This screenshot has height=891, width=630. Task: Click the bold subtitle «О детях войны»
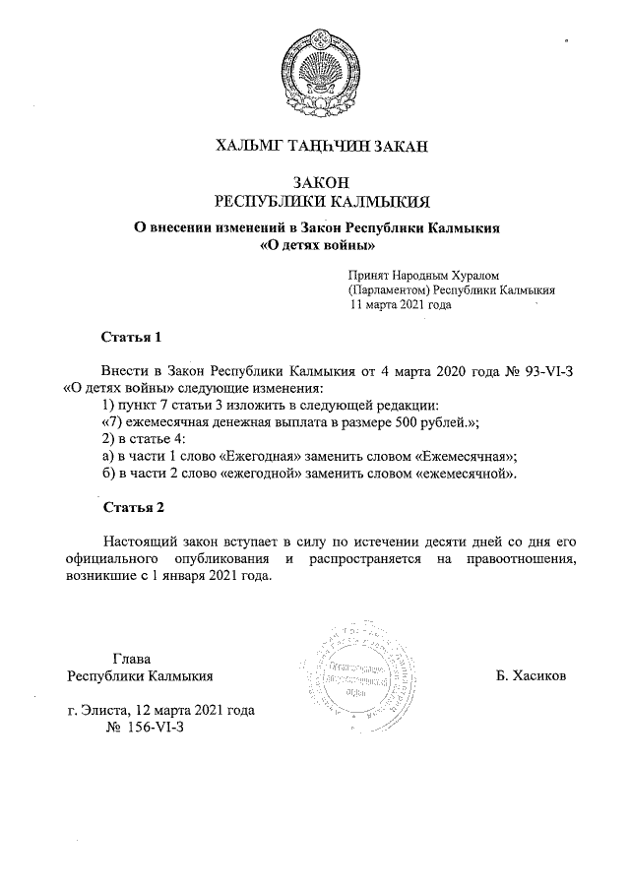318,245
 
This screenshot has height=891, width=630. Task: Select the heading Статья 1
131,338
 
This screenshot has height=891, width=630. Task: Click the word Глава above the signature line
132,659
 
